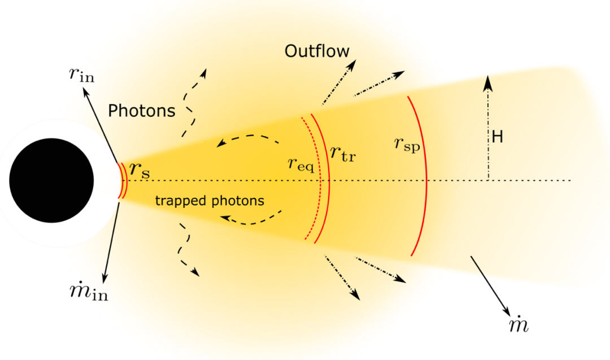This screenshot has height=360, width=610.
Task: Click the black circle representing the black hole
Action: pos(51,180)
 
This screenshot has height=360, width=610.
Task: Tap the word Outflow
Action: pos(317,51)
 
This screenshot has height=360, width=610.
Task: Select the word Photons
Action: pos(142,111)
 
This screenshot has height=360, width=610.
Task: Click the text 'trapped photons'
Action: pos(210,201)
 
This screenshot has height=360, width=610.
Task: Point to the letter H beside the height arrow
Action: pos(497,137)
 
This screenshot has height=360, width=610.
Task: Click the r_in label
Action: pos(82,74)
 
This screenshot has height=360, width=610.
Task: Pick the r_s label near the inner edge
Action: pos(140,170)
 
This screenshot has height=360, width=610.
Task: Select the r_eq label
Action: pos(300,164)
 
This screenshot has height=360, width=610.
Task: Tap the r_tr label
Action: pos(343,153)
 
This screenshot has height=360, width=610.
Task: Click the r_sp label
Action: pos(407,145)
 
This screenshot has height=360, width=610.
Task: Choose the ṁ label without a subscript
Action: pos(519,324)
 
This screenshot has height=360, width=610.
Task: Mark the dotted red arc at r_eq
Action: pos(320,179)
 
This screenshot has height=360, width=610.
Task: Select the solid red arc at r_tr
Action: pos(329,179)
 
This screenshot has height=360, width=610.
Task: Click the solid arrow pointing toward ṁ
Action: pos(491,287)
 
